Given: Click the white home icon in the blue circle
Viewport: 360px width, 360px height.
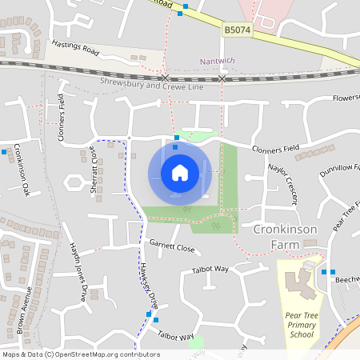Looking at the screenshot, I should [179, 172].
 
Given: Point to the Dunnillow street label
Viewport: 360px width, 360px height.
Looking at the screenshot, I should [339, 170].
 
